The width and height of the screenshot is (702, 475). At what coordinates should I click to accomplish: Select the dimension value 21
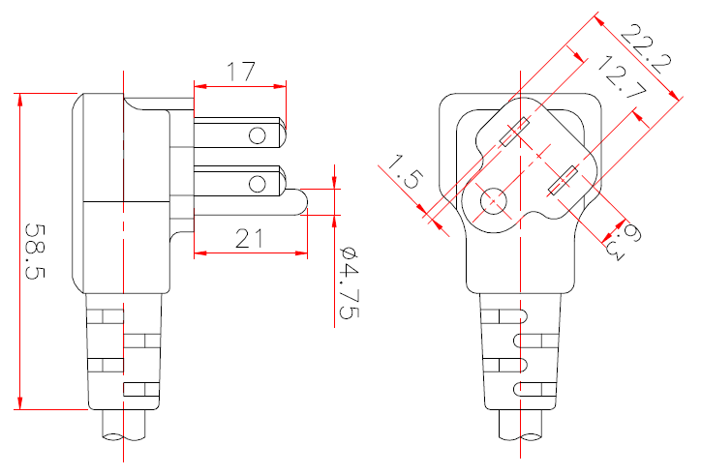click(249, 237)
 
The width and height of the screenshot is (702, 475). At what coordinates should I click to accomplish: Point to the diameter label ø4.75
click(349, 282)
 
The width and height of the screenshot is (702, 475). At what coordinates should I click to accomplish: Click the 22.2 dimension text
click(646, 49)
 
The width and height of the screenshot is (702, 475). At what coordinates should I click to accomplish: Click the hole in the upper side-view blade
click(258, 134)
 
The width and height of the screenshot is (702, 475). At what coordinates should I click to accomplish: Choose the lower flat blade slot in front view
click(563, 181)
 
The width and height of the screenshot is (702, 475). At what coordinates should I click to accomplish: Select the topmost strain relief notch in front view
click(515, 315)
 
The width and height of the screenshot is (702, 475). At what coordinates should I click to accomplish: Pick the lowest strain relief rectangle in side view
click(141, 390)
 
